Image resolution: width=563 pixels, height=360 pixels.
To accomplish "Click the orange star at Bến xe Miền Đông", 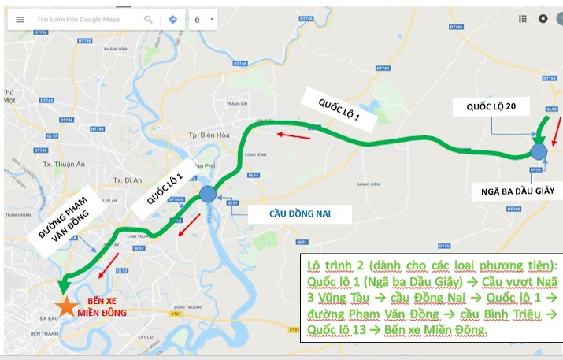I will pos(65,306).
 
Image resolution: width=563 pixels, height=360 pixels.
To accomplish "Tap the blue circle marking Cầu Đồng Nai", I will pos(207,195).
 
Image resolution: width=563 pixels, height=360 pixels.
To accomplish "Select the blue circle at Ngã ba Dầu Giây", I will pos(539,151).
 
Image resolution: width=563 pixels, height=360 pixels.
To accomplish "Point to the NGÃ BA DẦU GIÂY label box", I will pos(517,191).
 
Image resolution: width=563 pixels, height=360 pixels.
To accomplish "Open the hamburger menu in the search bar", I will pos(20,19).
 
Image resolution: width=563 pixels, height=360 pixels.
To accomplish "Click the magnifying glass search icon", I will pos(148,19).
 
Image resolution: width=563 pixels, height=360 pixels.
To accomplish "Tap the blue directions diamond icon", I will pos(172,19).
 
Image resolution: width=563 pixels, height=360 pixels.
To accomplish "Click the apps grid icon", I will pos(522,18).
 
